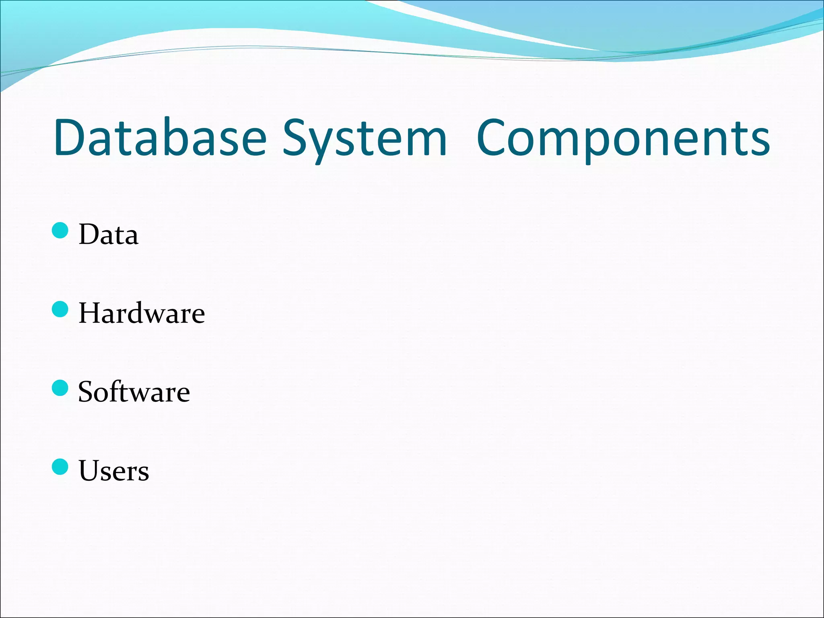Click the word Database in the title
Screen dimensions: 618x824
(x=160, y=138)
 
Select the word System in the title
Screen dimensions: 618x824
(x=365, y=138)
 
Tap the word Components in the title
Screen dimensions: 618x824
(x=623, y=138)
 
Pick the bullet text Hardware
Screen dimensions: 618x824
(x=142, y=313)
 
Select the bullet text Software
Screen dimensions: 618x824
(x=134, y=392)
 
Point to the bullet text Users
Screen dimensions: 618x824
(x=113, y=471)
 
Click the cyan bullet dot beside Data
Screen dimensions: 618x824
(x=60, y=231)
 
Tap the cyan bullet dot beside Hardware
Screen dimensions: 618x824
(x=60, y=309)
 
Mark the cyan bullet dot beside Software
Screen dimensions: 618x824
(x=60, y=388)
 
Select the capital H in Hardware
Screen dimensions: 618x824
(x=89, y=313)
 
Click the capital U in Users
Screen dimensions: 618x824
(x=89, y=471)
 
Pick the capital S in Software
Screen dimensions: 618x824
(x=86, y=392)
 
